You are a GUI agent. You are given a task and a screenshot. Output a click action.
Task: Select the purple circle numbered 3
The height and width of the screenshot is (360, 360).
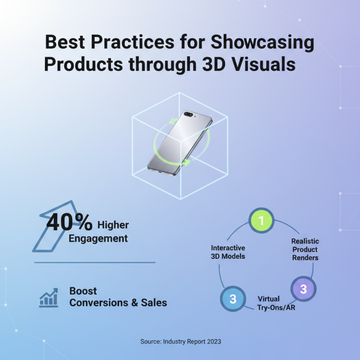pyautogui.click(x=303, y=289)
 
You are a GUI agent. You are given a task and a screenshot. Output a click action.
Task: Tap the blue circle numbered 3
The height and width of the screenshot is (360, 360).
pyautogui.click(x=233, y=299)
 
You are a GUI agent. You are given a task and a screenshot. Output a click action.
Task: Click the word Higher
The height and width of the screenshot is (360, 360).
pyautogui.click(x=113, y=225)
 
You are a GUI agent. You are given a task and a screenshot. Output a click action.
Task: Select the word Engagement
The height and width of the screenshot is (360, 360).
pyautogui.click(x=98, y=238)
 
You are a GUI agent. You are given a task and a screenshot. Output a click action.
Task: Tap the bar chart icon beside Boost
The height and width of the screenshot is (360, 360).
pyautogui.click(x=48, y=298)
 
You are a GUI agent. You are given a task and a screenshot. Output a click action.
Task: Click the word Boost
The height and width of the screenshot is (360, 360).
pyautogui.click(x=83, y=291)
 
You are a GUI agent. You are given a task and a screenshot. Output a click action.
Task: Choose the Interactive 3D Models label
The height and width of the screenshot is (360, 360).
pyautogui.click(x=228, y=252)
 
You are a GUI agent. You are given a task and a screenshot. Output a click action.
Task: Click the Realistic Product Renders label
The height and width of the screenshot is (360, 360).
pyautogui.click(x=305, y=249)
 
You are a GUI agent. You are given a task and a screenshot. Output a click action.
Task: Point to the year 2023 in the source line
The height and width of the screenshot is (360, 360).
pyautogui.click(x=212, y=342)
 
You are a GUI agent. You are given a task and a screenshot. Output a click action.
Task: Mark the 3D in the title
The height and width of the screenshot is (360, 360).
pyautogui.click(x=211, y=64)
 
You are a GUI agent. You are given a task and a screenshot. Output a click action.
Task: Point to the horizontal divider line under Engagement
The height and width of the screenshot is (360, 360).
pyautogui.click(x=95, y=262)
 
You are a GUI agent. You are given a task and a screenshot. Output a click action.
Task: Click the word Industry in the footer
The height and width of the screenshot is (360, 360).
pyautogui.click(x=176, y=342)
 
